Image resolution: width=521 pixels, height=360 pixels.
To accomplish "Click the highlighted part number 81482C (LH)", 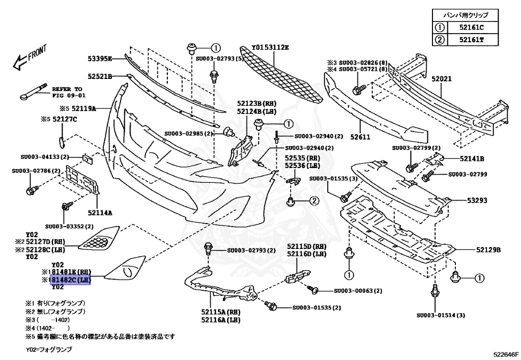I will pyautogui.click(x=70, y=280).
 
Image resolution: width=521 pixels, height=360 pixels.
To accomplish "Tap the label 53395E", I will pyautogui.click(x=99, y=59).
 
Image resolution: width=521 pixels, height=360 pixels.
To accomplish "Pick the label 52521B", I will pyautogui.click(x=99, y=77).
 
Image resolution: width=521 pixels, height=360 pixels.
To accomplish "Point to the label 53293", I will pyautogui.click(x=477, y=201).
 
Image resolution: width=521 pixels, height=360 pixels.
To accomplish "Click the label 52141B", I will pyautogui.click(x=472, y=158).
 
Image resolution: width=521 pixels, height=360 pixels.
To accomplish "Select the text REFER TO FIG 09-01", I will pyautogui.click(x=67, y=91).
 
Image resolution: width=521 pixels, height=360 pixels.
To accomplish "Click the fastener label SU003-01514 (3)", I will pyautogui.click(x=441, y=315).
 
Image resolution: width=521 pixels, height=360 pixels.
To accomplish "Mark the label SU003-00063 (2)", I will pyautogui.click(x=358, y=291).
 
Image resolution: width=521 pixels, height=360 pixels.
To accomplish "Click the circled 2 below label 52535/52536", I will pyautogui.click(x=314, y=201).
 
